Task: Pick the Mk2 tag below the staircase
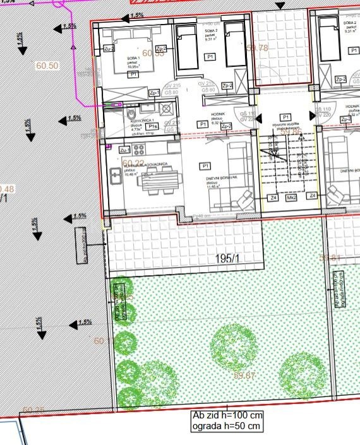(292, 198)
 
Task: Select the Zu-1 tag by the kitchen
(124, 150)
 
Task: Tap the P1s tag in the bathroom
(152, 126)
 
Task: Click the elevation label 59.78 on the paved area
(257, 47)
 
